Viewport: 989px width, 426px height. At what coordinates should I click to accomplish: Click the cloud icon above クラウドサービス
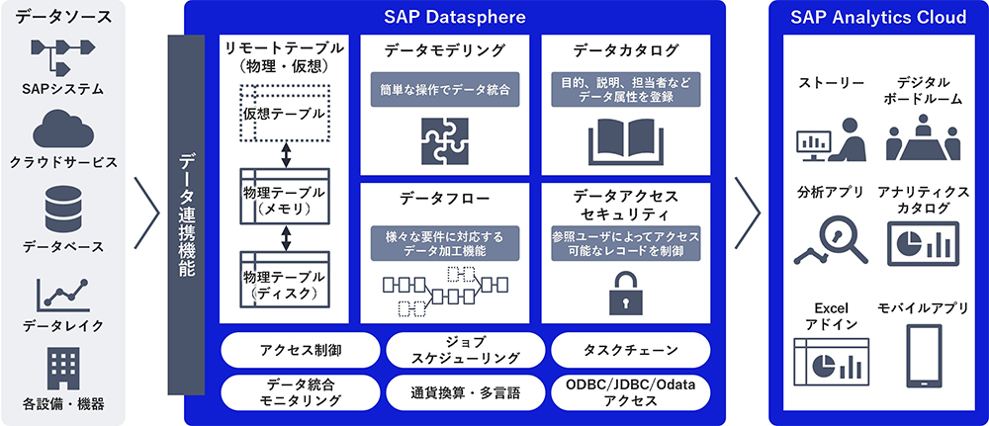pyautogui.click(x=63, y=129)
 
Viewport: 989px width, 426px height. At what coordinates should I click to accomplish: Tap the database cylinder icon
pyautogui.click(x=63, y=210)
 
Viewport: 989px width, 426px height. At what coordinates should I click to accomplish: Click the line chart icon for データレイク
pyautogui.click(x=63, y=294)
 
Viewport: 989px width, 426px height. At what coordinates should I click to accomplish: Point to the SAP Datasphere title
pyautogui.click(x=454, y=17)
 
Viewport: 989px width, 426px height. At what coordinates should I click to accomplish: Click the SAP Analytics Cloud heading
pyautogui.click(x=877, y=17)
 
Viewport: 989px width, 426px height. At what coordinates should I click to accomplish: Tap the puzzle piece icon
pyautogui.click(x=443, y=139)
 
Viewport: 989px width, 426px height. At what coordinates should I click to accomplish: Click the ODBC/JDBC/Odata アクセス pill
pyautogui.click(x=630, y=391)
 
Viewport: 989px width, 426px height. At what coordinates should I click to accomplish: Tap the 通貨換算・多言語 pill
pyautogui.click(x=465, y=391)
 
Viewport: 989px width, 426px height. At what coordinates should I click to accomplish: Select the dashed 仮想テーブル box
pyautogui.click(x=284, y=114)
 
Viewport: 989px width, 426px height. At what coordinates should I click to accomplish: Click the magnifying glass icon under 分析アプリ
pyautogui.click(x=826, y=238)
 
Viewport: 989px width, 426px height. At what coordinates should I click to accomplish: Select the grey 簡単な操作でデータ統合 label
pyautogui.click(x=443, y=89)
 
